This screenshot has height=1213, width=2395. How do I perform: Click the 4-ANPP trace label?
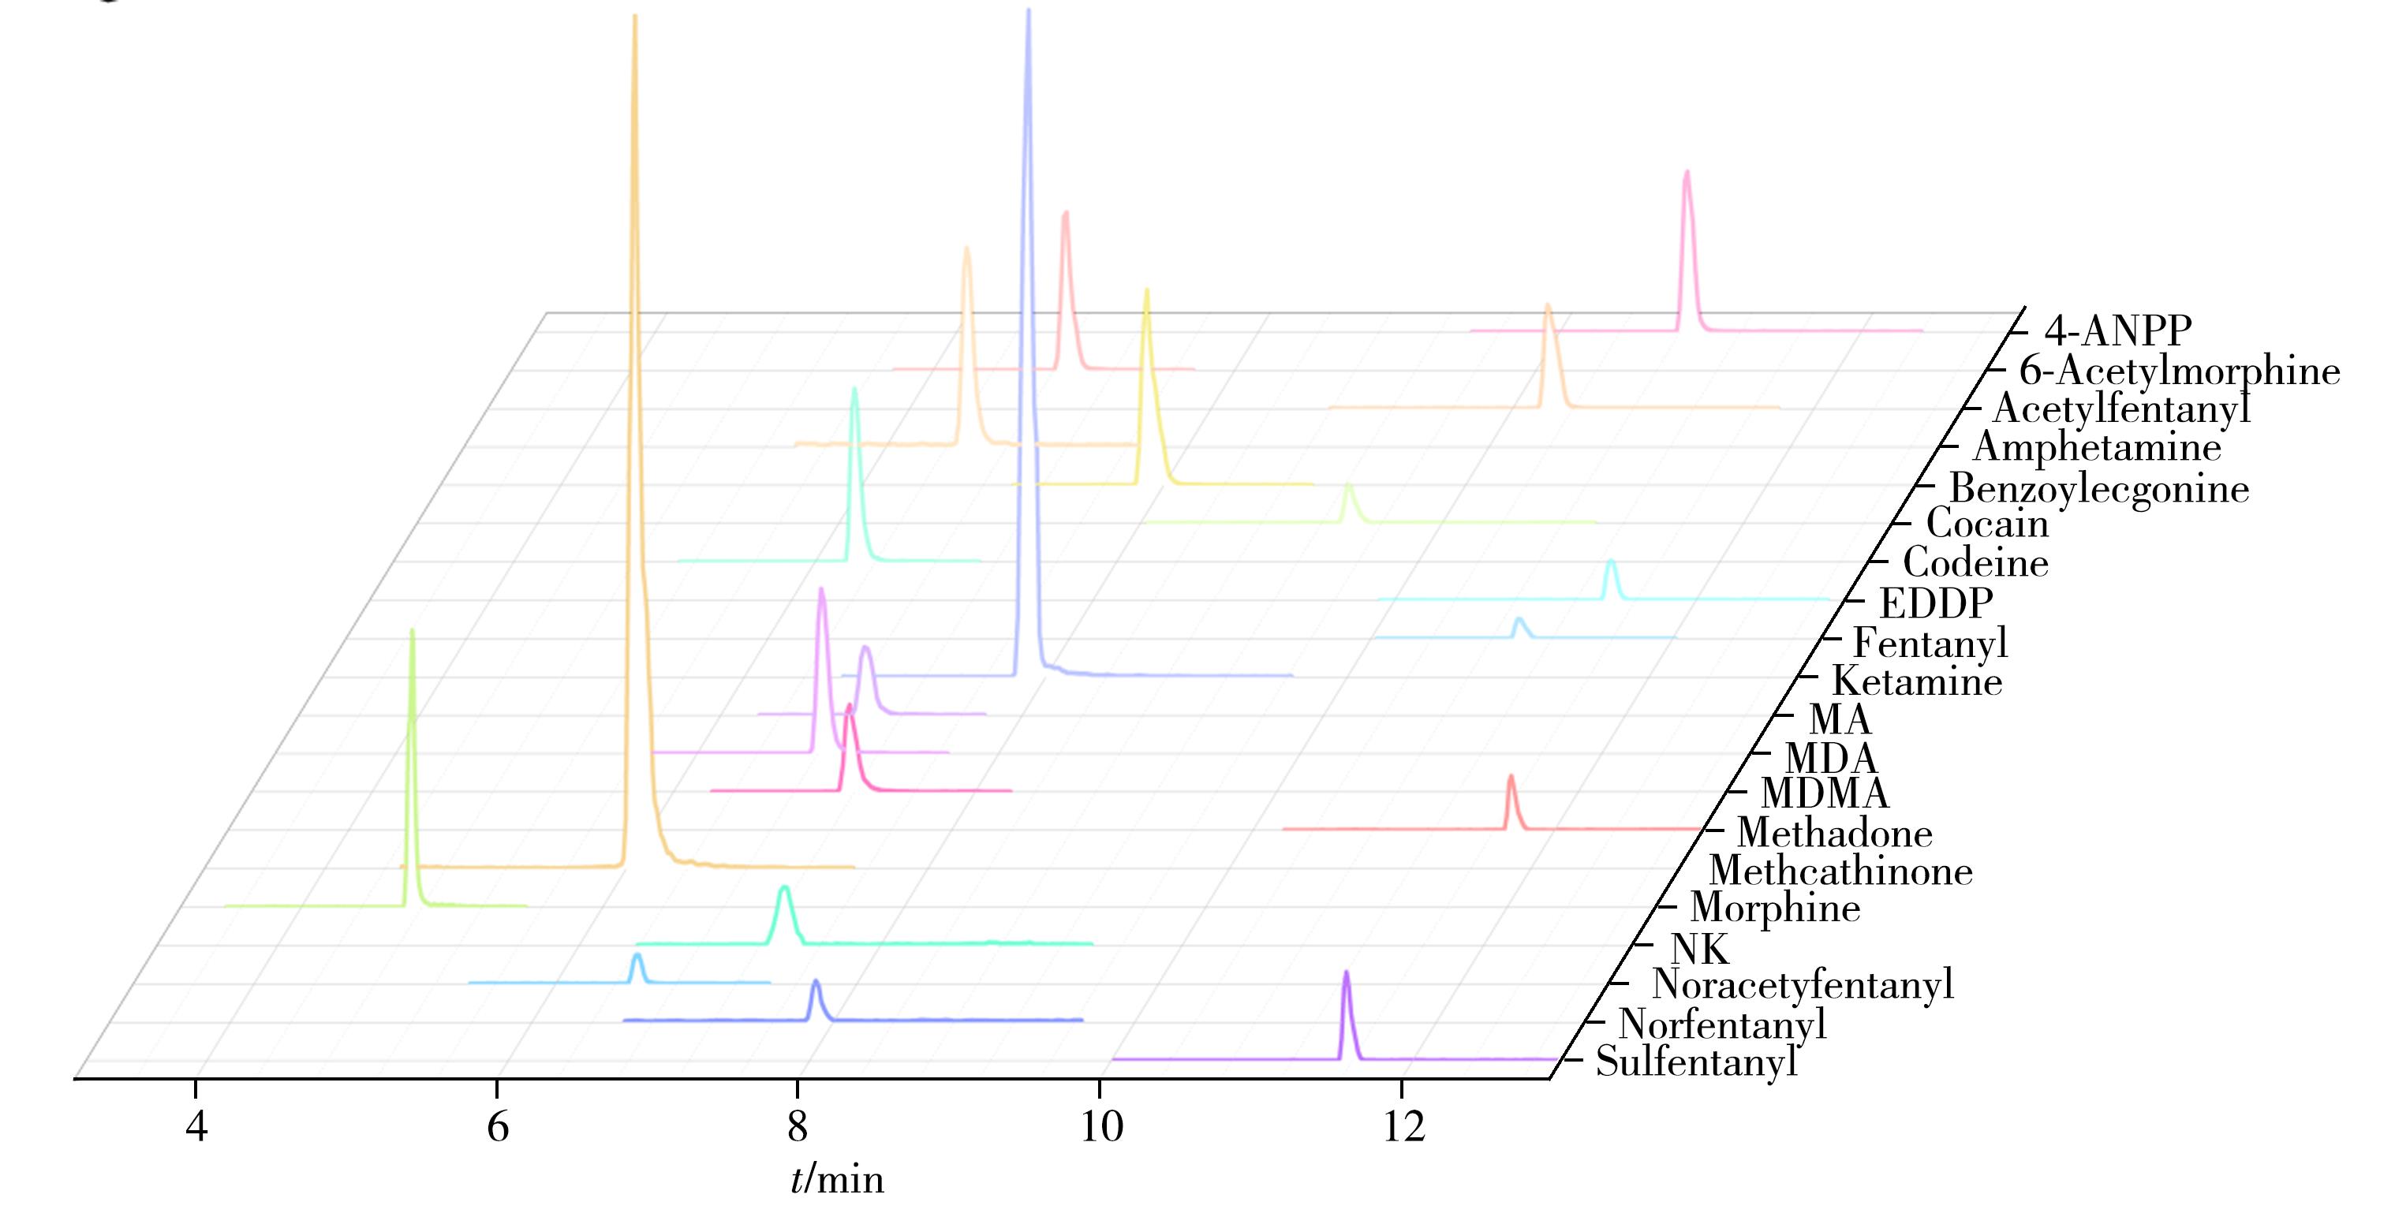click(2117, 331)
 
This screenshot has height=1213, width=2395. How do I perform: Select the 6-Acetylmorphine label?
click(2178, 371)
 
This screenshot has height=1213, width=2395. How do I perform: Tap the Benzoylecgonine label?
click(2098, 489)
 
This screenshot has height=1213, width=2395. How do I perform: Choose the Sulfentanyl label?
click(1696, 1062)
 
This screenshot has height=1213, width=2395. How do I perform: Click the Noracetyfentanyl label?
click(1802, 984)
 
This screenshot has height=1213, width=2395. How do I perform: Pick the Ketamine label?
click(1916, 682)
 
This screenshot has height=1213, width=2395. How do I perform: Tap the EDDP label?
click(1936, 604)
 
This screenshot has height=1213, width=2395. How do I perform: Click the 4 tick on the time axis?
click(196, 1126)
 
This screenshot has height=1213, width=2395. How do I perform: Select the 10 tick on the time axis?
click(1100, 1126)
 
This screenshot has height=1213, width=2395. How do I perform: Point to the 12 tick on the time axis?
click(1403, 1126)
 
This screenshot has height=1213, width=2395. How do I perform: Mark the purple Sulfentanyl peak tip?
click(1345, 973)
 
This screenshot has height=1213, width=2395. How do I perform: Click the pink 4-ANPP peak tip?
click(1687, 172)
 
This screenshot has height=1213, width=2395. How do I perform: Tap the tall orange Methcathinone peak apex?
click(634, 17)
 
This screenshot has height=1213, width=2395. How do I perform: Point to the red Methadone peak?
click(1510, 776)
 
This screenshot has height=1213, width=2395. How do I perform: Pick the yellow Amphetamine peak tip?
click(1146, 290)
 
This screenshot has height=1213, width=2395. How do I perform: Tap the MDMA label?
click(1824, 793)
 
